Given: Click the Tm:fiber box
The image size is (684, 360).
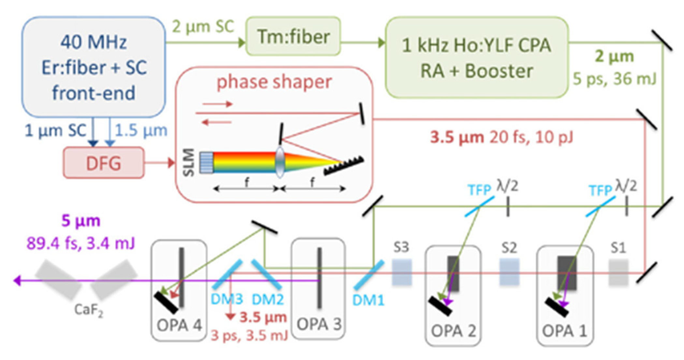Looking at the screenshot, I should click(x=293, y=37).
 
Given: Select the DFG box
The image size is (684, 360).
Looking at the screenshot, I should click(x=104, y=163).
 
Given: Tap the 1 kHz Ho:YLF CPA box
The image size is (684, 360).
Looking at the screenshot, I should click(x=476, y=58).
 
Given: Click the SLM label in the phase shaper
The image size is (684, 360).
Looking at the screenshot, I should click(x=189, y=162).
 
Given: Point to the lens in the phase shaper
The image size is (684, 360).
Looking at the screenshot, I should click(x=280, y=162).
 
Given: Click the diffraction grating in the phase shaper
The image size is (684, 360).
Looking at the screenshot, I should click(x=344, y=166).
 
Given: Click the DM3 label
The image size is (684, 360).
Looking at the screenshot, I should click(x=226, y=299).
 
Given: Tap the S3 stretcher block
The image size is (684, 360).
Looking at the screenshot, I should click(x=401, y=272).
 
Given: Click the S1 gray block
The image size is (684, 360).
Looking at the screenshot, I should click(x=618, y=272).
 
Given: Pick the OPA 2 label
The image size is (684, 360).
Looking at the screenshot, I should click(x=453, y=331).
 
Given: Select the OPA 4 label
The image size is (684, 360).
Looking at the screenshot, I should click(x=179, y=325).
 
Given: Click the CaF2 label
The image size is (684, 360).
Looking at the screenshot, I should click(x=88, y=310).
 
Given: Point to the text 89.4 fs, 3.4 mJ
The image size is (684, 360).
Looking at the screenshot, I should click(x=80, y=243).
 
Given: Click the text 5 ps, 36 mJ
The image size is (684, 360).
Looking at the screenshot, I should click(x=614, y=79).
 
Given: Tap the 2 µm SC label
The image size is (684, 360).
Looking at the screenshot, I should click(x=203, y=26).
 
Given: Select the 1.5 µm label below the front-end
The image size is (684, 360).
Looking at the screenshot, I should click(x=141, y=130).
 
